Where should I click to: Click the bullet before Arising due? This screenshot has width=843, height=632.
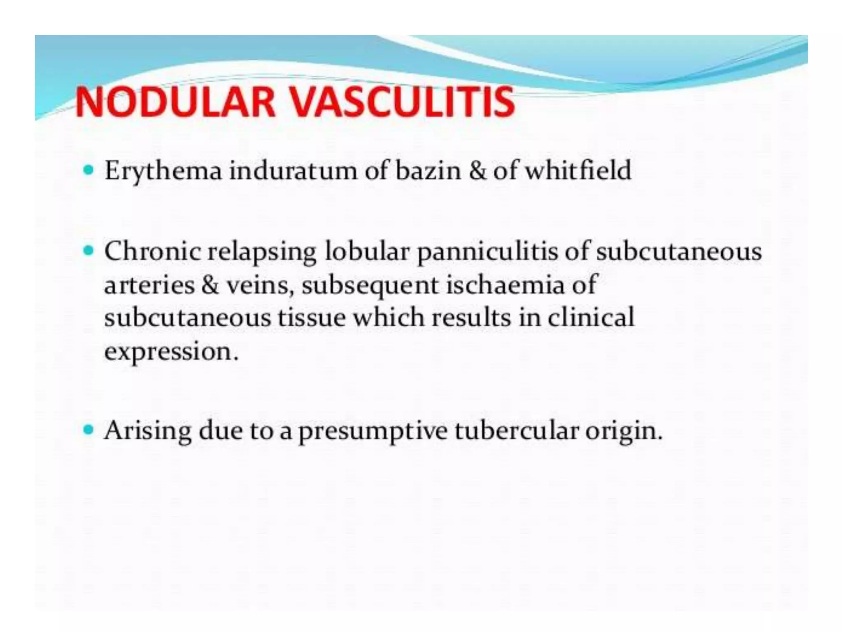88,430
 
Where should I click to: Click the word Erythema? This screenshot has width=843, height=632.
163,171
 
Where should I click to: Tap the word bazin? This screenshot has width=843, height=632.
428,170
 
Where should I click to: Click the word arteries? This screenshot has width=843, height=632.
149,285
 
